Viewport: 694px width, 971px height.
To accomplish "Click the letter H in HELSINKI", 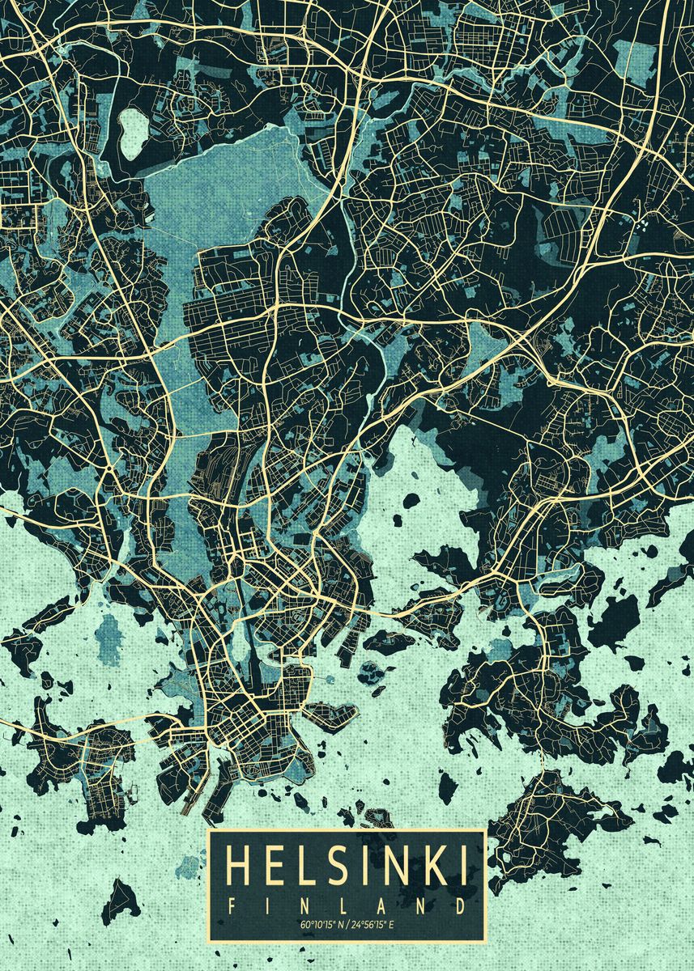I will pos(241,865).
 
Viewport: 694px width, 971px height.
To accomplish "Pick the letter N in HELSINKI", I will pos(400,865).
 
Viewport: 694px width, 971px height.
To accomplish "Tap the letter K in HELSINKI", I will pos(436,865).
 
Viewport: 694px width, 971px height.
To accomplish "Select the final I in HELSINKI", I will pos(463,865).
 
